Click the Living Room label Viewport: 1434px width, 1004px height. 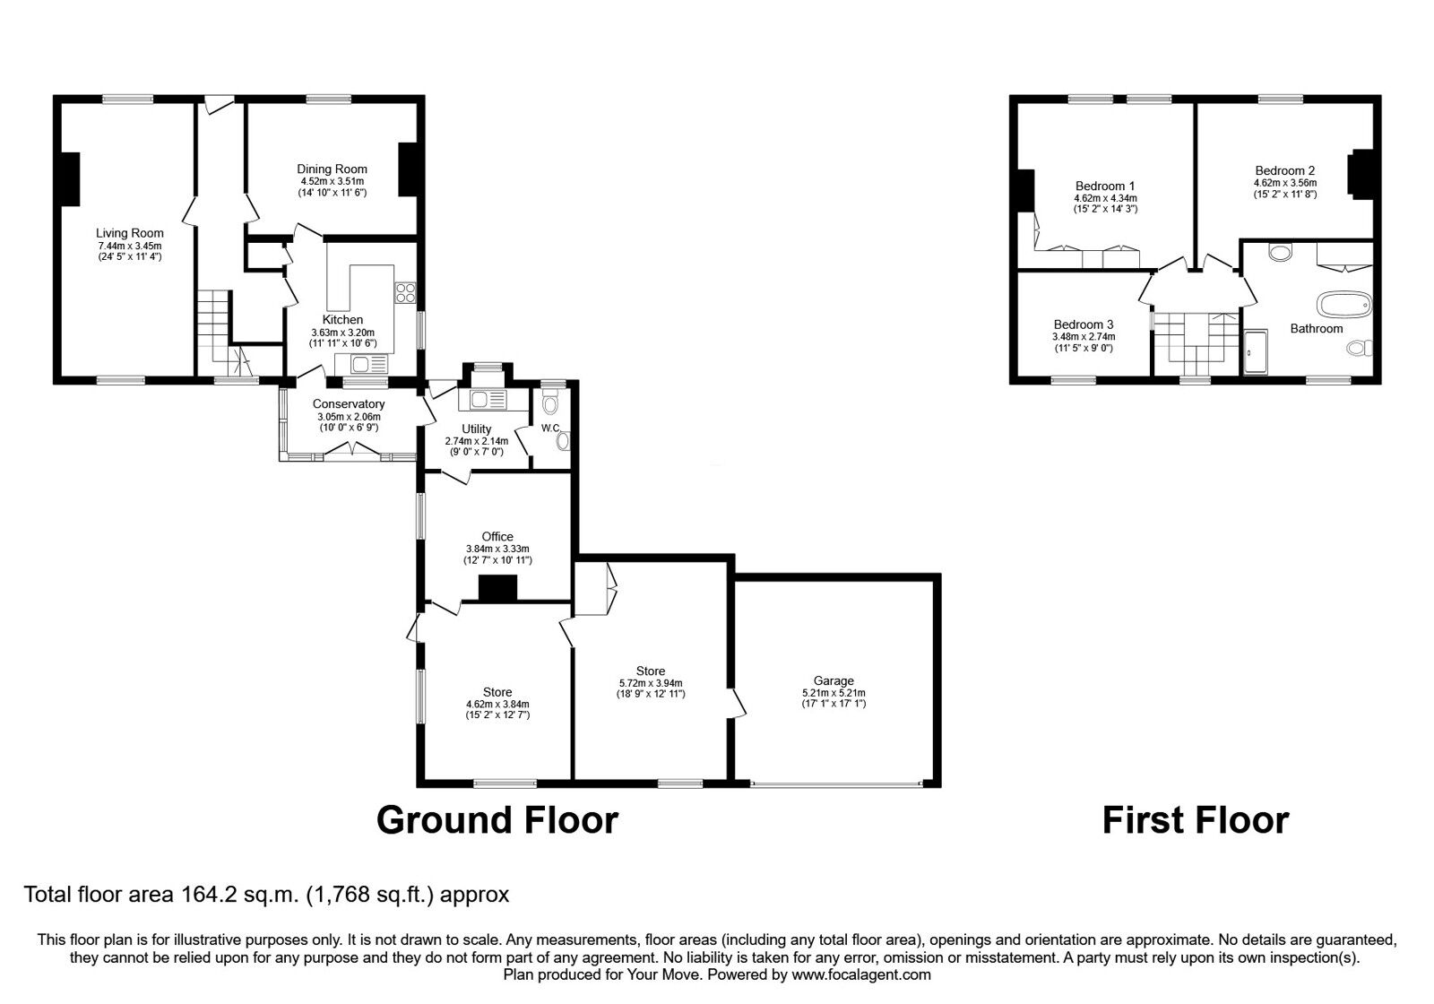click(129, 233)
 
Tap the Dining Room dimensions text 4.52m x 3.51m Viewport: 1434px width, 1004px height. click(333, 181)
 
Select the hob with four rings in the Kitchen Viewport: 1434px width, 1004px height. click(405, 292)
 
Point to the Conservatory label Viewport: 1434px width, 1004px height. click(349, 404)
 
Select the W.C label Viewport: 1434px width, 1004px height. click(550, 428)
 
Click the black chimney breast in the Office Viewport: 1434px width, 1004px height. click(498, 588)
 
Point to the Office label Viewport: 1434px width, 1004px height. click(497, 537)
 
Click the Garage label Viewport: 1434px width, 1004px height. click(834, 680)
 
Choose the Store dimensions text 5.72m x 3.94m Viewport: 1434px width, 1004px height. click(651, 683)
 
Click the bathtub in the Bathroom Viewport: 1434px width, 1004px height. click(1344, 305)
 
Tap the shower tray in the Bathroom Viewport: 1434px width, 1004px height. click(1256, 351)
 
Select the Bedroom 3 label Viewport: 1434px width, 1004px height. click(1084, 325)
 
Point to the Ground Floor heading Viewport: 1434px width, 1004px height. click(497, 820)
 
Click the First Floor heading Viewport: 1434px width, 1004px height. click(1196, 820)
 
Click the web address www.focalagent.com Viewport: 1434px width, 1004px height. click(861, 975)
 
